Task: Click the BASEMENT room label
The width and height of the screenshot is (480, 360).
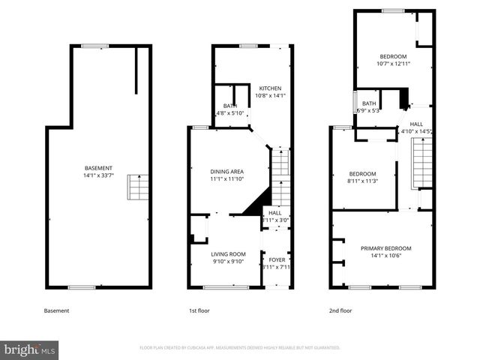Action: (98, 167)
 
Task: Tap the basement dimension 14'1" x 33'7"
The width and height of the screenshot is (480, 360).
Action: (98, 175)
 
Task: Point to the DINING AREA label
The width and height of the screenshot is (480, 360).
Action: (226, 172)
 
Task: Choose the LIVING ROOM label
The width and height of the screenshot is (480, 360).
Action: (227, 254)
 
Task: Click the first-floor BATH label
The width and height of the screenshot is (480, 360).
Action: (229, 106)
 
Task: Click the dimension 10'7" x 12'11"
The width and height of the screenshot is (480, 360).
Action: (393, 64)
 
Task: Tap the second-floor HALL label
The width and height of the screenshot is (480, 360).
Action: (416, 124)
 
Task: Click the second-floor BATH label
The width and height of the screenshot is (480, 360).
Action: (369, 103)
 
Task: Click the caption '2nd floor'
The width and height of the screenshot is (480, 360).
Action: (341, 310)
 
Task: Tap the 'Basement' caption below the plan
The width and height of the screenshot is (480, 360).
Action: (56, 310)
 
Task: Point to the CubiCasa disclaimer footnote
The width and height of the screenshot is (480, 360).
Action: (240, 348)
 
